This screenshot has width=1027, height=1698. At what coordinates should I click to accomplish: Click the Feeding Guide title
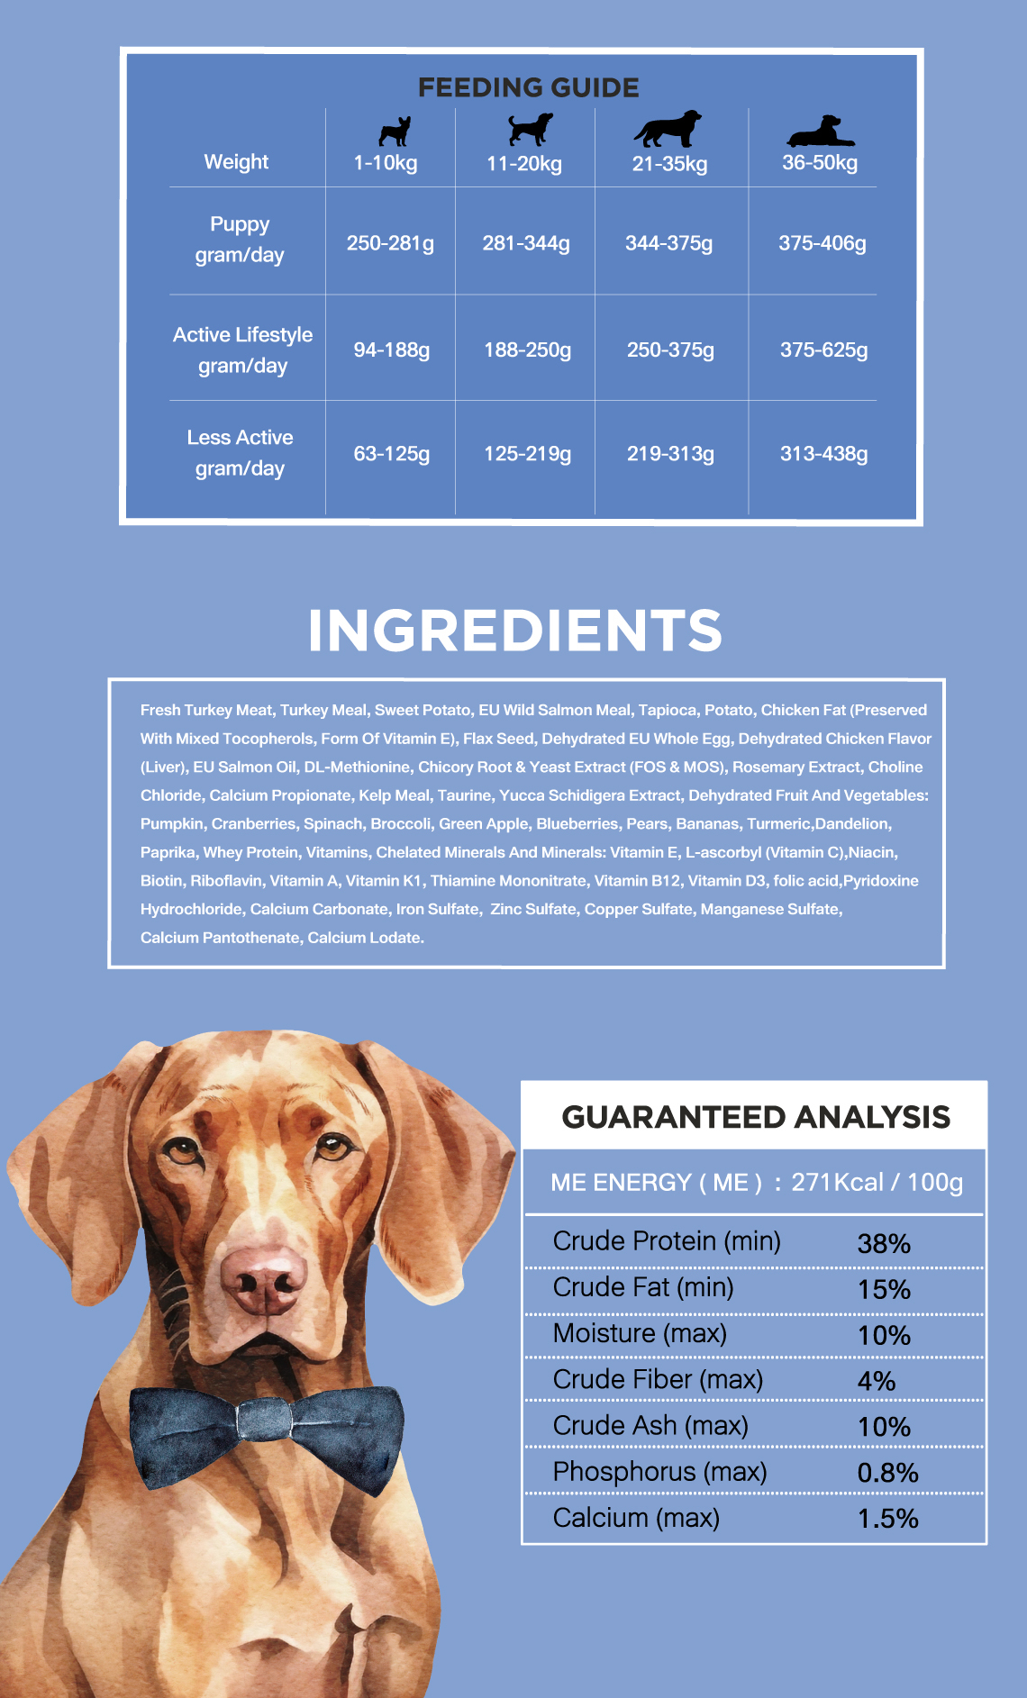point(528,87)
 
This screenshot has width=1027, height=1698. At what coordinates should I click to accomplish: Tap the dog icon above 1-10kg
point(395,132)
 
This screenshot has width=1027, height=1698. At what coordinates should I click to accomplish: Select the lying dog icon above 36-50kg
point(820,132)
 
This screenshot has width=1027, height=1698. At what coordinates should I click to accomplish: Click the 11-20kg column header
point(524,164)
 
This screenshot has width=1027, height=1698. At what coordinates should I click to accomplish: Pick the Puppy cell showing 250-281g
point(390,243)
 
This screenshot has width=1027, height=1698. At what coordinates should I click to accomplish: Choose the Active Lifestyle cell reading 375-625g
point(823,350)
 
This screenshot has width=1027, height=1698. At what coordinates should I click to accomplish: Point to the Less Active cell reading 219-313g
point(670,454)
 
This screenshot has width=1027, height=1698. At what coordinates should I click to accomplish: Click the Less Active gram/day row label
point(240,453)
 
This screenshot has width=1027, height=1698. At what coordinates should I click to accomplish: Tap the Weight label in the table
point(236,162)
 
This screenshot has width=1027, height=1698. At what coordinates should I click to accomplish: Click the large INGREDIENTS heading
point(514,630)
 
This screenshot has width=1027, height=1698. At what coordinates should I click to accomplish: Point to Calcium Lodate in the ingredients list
point(365,938)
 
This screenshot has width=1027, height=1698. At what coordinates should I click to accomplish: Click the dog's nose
point(263,1280)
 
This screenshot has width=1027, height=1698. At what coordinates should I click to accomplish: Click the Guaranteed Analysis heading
point(755,1117)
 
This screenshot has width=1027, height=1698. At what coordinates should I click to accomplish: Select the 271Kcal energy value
point(836,1182)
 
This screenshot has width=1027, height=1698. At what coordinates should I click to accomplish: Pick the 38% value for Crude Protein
point(884,1244)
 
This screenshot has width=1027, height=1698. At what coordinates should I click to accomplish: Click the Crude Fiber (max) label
point(658,1379)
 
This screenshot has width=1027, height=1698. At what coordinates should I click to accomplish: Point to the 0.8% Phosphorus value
point(887,1473)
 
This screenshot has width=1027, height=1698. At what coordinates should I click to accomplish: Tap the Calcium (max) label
point(636,1518)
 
